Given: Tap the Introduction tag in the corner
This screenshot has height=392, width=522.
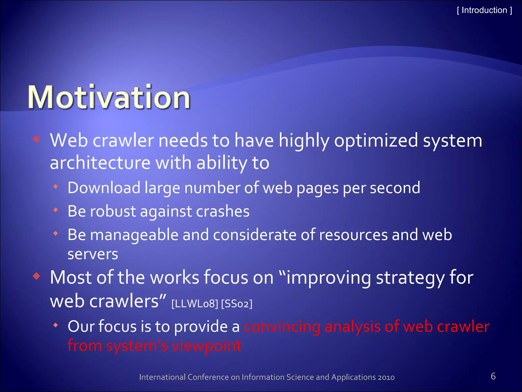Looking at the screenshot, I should [484, 10].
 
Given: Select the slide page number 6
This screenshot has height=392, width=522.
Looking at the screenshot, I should [493, 376].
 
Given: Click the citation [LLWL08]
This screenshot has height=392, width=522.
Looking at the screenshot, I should [195, 304].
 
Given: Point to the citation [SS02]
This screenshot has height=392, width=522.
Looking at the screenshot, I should [237, 304].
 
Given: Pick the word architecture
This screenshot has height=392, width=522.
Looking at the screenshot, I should [100, 163].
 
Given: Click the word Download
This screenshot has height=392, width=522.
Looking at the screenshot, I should [104, 188].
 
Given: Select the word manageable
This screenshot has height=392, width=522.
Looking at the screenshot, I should [134, 235].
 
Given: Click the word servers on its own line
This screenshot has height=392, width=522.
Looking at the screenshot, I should [93, 254].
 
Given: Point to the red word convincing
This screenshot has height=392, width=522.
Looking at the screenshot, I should [282, 327].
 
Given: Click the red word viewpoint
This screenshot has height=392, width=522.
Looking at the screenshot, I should [206, 346].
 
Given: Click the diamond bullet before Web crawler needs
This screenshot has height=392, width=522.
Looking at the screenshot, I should [37, 139].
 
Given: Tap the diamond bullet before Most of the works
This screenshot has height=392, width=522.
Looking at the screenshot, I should [37, 276].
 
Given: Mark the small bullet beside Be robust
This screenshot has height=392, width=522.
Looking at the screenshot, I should [56, 210].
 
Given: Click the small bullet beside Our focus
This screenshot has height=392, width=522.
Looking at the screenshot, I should [56, 325].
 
